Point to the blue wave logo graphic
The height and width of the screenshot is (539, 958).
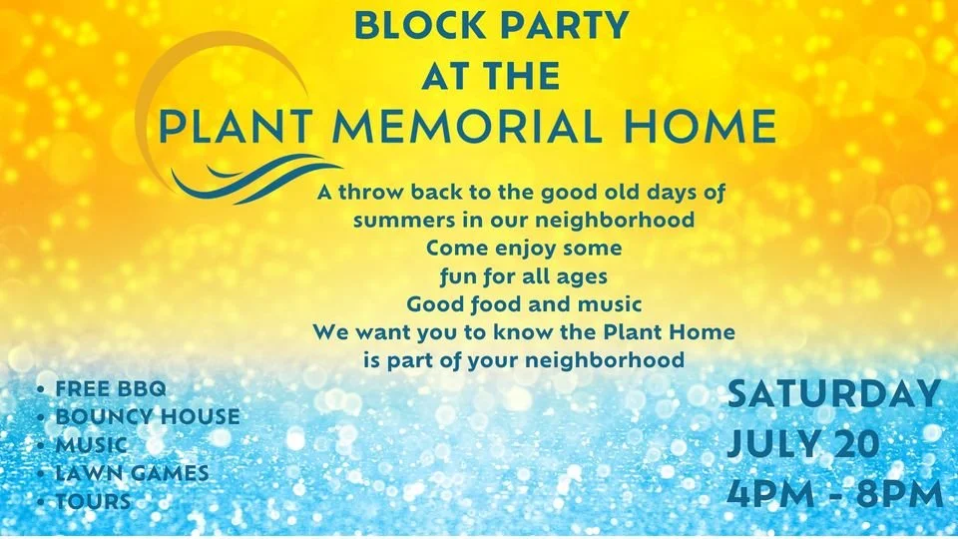tap(256, 179)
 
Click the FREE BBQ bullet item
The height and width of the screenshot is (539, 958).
tap(111, 388)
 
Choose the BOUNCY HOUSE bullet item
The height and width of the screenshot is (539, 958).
tap(148, 417)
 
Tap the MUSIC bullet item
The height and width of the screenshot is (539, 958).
tap(92, 445)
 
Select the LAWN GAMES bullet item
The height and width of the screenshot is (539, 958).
tap(132, 473)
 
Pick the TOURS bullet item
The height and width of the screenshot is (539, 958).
tap(94, 501)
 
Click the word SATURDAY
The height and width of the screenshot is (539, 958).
tap(834, 394)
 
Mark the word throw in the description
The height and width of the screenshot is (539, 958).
tap(371, 192)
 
